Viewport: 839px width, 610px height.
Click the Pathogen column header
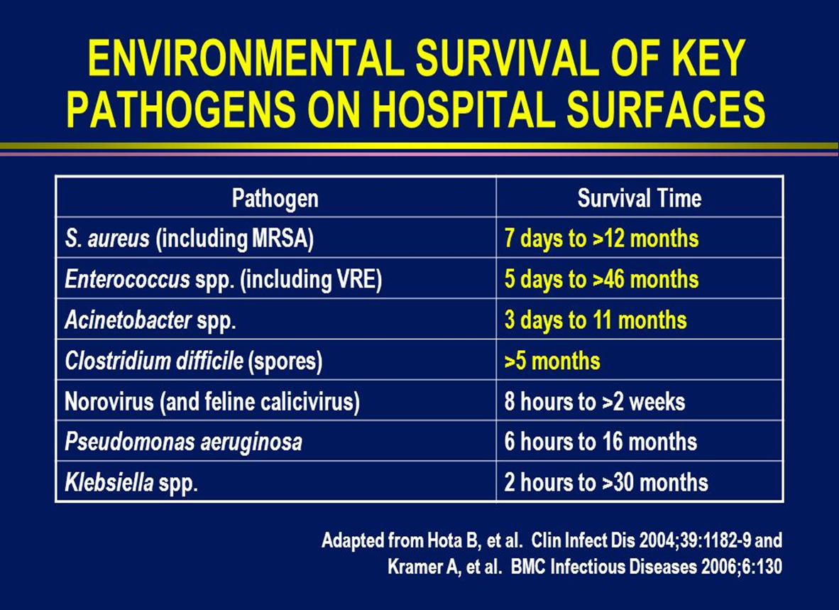tap(275, 198)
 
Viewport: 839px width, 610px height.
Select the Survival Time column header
tap(640, 198)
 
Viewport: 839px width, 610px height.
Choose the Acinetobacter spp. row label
tap(150, 320)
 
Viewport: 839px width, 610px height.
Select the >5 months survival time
tap(552, 361)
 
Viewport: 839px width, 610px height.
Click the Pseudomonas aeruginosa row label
tap(183, 442)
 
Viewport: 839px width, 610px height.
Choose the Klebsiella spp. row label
tap(131, 483)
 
